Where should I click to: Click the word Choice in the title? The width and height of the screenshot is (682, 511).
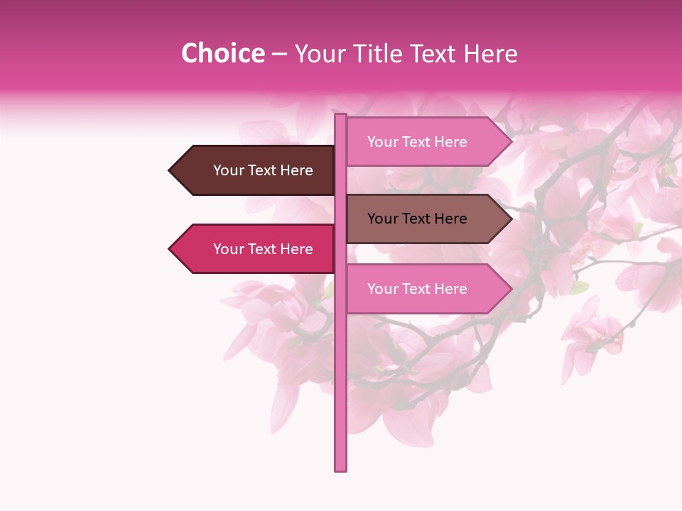click(x=222, y=54)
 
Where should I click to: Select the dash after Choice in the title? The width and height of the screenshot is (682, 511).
click(x=279, y=55)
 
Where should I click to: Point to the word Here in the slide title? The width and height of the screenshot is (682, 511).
click(x=490, y=54)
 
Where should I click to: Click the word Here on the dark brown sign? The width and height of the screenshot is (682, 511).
click(x=296, y=170)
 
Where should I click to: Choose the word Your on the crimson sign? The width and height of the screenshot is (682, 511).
click(x=227, y=249)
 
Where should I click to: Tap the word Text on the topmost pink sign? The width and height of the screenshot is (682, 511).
click(x=417, y=142)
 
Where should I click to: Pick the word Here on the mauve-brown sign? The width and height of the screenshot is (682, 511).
click(x=450, y=219)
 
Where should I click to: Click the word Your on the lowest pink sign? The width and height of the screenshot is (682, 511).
click(x=381, y=289)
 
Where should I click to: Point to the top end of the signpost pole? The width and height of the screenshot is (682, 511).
click(x=340, y=116)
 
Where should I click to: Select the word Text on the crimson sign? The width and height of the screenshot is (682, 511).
click(x=263, y=249)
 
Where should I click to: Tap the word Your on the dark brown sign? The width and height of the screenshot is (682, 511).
click(x=227, y=170)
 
